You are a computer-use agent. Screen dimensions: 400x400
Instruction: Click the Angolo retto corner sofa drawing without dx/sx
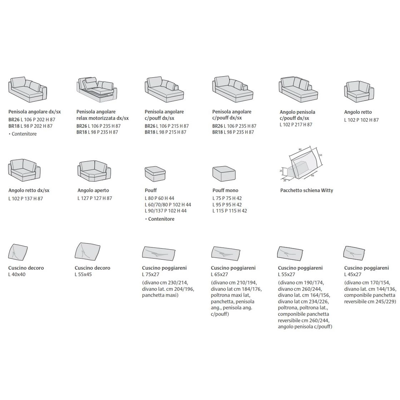coord(359,92)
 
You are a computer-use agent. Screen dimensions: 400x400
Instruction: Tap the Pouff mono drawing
coord(224,173)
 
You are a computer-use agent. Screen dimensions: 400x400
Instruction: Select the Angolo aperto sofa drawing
coord(94,171)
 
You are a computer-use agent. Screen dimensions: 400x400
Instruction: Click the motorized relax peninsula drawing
coord(97,90)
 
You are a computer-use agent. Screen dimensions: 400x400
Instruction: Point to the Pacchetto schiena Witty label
coord(306,190)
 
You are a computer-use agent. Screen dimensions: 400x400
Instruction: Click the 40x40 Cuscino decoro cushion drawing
coord(18,252)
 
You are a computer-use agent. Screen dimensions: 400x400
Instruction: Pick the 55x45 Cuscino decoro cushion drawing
coord(87,251)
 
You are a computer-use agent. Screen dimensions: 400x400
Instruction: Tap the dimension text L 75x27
coord(150,274)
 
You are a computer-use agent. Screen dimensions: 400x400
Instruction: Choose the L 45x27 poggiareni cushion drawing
coord(354,253)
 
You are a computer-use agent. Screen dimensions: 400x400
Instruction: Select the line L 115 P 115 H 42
coord(229,211)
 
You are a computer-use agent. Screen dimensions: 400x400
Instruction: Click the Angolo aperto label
coord(93,190)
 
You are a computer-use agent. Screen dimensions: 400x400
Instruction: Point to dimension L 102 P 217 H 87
coord(296,124)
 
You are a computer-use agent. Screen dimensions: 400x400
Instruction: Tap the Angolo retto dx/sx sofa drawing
coord(24,170)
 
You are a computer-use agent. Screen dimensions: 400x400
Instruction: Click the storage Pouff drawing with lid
coord(155,173)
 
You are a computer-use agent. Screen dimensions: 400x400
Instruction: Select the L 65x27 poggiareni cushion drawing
coord(225,253)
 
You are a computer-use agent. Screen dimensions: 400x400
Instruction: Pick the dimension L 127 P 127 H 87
coord(94,198)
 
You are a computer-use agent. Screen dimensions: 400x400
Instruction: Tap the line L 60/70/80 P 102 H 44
coord(168,205)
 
